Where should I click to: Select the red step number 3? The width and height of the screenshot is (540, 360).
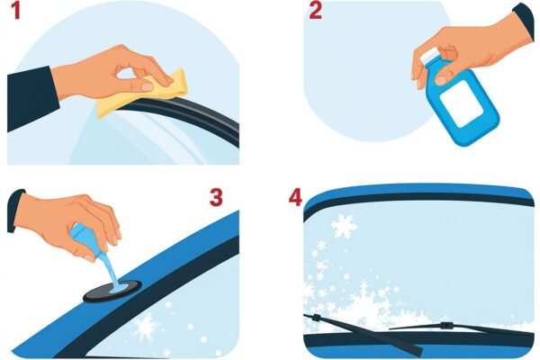(216, 197)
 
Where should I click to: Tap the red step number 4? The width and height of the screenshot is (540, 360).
(295, 198)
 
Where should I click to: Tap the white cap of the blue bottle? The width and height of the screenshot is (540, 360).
(430, 56)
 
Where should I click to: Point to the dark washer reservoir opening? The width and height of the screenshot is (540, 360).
(112, 291)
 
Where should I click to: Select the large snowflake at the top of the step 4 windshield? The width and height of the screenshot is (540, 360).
(344, 226)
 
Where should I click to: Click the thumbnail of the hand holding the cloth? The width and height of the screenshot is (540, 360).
(148, 86)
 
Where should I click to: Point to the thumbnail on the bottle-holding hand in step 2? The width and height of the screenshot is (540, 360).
(441, 80)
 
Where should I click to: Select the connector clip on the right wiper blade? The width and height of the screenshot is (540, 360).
(446, 325)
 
